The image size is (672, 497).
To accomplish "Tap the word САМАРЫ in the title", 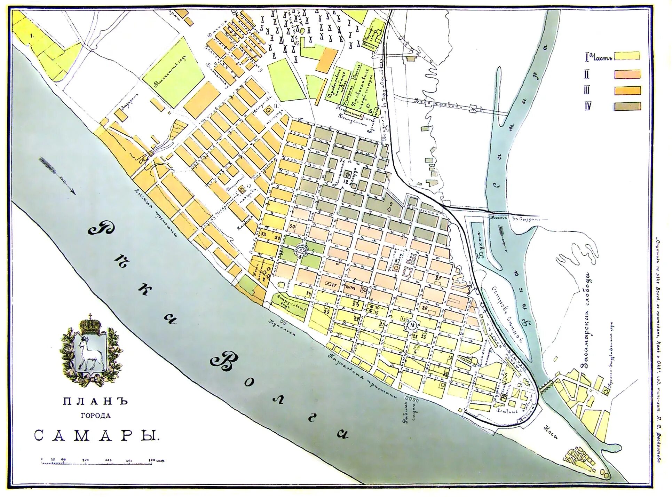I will click(x=96, y=435).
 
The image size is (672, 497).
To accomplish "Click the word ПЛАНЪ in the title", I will click(x=96, y=401).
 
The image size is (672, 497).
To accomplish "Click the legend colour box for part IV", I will click(x=627, y=106).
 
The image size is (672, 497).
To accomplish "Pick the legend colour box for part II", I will click(x=627, y=74).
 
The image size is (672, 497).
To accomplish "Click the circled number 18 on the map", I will click(x=412, y=325).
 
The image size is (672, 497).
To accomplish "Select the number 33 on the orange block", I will click(x=263, y=234).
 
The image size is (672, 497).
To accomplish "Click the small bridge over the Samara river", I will click(x=547, y=386).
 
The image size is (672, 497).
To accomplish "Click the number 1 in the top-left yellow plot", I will click(x=32, y=35).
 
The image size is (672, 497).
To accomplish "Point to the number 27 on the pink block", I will click(x=438, y=278).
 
